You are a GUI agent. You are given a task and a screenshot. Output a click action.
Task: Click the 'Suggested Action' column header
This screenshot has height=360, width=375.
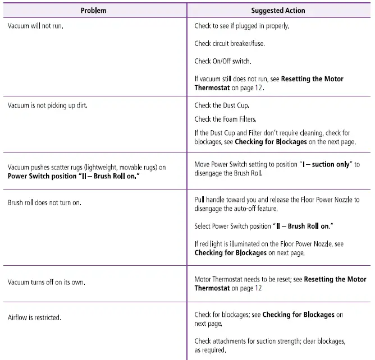coord(279,11)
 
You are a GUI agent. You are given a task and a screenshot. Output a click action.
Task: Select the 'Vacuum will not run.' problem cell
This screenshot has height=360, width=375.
coord(35,26)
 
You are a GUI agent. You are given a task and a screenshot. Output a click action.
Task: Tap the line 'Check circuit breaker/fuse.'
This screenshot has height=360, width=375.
coord(229,44)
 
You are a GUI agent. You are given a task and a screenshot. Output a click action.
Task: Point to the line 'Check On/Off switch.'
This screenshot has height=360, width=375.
coord(223,61)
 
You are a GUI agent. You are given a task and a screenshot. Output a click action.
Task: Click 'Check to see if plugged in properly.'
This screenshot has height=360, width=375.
coord(242,26)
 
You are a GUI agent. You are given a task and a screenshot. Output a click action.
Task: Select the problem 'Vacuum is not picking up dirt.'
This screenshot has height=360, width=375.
coord(48,105)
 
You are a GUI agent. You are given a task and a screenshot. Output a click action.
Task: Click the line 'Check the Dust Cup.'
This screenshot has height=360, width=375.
coord(222,105)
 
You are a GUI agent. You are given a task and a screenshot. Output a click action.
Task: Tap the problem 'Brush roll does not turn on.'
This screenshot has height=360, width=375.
coord(44,202)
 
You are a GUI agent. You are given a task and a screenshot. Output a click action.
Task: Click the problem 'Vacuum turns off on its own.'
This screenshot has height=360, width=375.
coord(47,282)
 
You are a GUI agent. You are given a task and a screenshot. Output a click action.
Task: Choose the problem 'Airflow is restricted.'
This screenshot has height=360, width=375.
coord(34,318)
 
